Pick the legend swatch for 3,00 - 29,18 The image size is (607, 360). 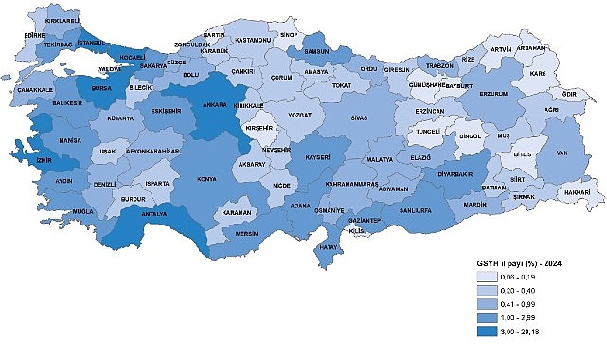pyautogui.click(x=493, y=333)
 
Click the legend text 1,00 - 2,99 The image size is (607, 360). pyautogui.click(x=534, y=319)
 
